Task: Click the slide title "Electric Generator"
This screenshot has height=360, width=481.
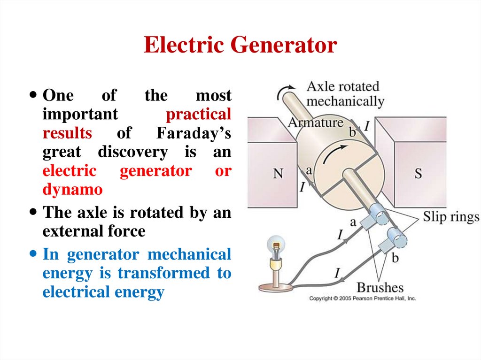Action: tap(240, 46)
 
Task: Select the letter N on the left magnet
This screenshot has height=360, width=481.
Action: tap(278, 174)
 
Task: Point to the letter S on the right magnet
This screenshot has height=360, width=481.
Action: tap(418, 174)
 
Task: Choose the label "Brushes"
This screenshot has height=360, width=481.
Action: tap(380, 287)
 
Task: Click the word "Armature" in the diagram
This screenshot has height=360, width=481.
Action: tap(315, 123)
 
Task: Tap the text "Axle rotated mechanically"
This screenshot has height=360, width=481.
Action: tap(345, 94)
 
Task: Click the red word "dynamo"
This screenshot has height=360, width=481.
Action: tap(72, 190)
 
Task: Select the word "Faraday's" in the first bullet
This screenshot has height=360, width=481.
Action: tap(193, 133)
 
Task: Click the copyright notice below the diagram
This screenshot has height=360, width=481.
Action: tap(362, 299)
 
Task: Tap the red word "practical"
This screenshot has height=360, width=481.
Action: tap(199, 115)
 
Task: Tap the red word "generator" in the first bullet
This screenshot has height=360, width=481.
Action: tap(155, 171)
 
